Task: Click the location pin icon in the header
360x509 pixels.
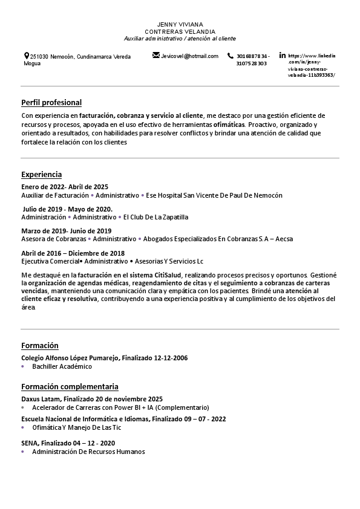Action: click(27, 56)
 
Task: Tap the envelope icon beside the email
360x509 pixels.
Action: click(156, 56)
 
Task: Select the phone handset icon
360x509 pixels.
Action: click(231, 56)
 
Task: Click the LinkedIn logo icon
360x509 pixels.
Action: click(283, 56)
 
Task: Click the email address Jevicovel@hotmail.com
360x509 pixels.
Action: click(189, 56)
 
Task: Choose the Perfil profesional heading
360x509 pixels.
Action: click(51, 103)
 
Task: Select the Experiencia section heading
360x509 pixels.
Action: click(41, 175)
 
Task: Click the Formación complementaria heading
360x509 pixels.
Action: click(70, 387)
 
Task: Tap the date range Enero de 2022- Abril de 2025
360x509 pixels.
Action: click(65, 187)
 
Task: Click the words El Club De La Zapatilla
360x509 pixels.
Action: click(155, 217)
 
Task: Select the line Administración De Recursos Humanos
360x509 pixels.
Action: click(88, 452)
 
